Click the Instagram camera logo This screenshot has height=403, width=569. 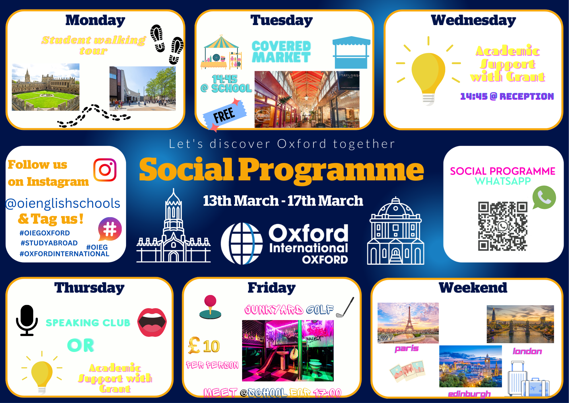coord(105,170)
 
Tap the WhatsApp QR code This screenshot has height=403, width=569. coord(503,226)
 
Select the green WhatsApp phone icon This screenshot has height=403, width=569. coord(544,198)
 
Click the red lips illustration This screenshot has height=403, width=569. coord(152,322)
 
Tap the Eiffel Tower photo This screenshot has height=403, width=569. coord(408,323)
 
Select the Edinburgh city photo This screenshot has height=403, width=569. coord(471,366)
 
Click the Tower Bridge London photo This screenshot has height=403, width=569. coord(520,324)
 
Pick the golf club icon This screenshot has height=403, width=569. coord(345,307)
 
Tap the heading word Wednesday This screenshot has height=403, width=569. coord(473,20)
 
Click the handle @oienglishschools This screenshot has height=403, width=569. coord(63,203)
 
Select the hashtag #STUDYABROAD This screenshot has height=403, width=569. coord(49,243)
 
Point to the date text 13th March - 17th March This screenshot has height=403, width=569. coord(283,201)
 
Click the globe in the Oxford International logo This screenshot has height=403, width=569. coord(242,244)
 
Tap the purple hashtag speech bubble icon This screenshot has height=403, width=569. coord(110,229)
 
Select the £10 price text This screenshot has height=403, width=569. coord(204,346)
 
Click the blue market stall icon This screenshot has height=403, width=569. coord(352,52)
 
